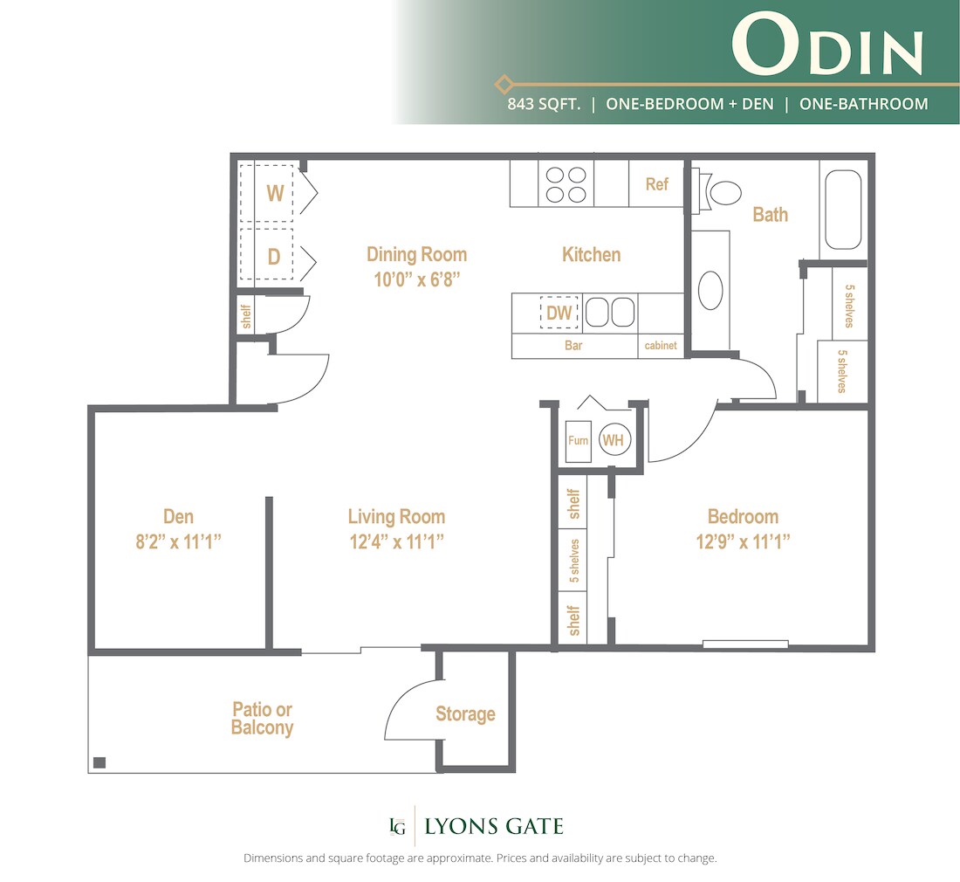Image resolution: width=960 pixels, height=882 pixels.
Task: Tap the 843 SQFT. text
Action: pyautogui.click(x=545, y=104)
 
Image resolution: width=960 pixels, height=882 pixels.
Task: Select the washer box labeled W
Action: pyautogui.click(x=274, y=193)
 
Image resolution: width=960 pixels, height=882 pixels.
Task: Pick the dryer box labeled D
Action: pyautogui.click(x=273, y=257)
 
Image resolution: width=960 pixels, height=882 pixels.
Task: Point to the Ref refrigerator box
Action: pyautogui.click(x=656, y=184)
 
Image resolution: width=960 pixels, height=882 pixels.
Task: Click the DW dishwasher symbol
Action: pyautogui.click(x=559, y=313)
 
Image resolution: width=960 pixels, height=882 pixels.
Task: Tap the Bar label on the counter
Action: pyautogui.click(x=573, y=346)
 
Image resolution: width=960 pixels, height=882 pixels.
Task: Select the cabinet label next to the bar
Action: pyautogui.click(x=661, y=346)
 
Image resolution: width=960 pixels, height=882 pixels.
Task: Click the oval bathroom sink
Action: pyautogui.click(x=711, y=291)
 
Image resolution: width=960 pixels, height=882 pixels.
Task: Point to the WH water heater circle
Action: pyautogui.click(x=613, y=441)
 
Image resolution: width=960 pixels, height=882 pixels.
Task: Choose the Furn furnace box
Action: pyautogui.click(x=578, y=441)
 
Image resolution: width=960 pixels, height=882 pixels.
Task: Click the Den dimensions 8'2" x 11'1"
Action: pyautogui.click(x=179, y=541)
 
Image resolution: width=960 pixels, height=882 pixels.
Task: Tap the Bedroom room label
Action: pyautogui.click(x=743, y=516)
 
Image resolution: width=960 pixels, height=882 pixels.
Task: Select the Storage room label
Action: pyautogui.click(x=465, y=714)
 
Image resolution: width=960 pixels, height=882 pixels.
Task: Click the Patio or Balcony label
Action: pyautogui.click(x=262, y=718)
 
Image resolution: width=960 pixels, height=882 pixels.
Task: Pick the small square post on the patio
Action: pyautogui.click(x=99, y=761)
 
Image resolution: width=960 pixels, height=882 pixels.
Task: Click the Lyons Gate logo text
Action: pyautogui.click(x=493, y=826)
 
